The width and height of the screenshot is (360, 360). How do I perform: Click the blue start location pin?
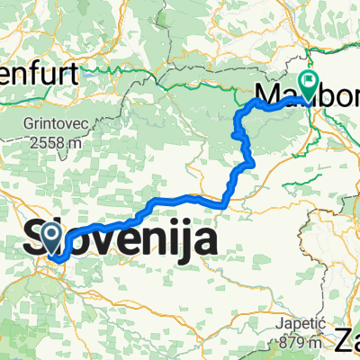coord(52,239)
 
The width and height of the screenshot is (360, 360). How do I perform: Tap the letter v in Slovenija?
coord(115,242)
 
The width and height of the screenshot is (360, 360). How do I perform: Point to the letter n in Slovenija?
coord(159,242)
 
